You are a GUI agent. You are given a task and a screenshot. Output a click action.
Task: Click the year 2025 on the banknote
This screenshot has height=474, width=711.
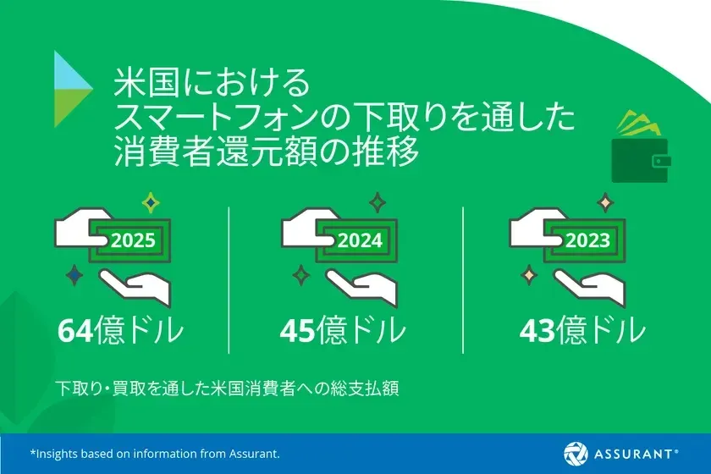tap(133, 240)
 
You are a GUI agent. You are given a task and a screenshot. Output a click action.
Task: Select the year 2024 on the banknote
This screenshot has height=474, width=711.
tap(360, 240)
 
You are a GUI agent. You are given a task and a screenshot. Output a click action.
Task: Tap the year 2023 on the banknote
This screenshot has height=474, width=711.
tap(587, 240)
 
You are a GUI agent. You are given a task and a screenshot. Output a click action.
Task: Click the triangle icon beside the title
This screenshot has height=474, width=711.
tap(73, 89)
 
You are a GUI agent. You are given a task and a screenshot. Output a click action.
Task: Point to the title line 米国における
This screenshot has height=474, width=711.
tap(213, 85)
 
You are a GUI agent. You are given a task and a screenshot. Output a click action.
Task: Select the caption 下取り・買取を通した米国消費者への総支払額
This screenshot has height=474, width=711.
tap(227, 390)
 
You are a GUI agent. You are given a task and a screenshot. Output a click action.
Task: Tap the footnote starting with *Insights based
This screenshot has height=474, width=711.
tap(155, 454)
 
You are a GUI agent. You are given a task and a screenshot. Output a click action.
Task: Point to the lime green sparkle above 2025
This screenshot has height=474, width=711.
tap(151, 202)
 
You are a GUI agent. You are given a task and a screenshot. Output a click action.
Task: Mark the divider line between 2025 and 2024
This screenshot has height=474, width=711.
tap(229, 279)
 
